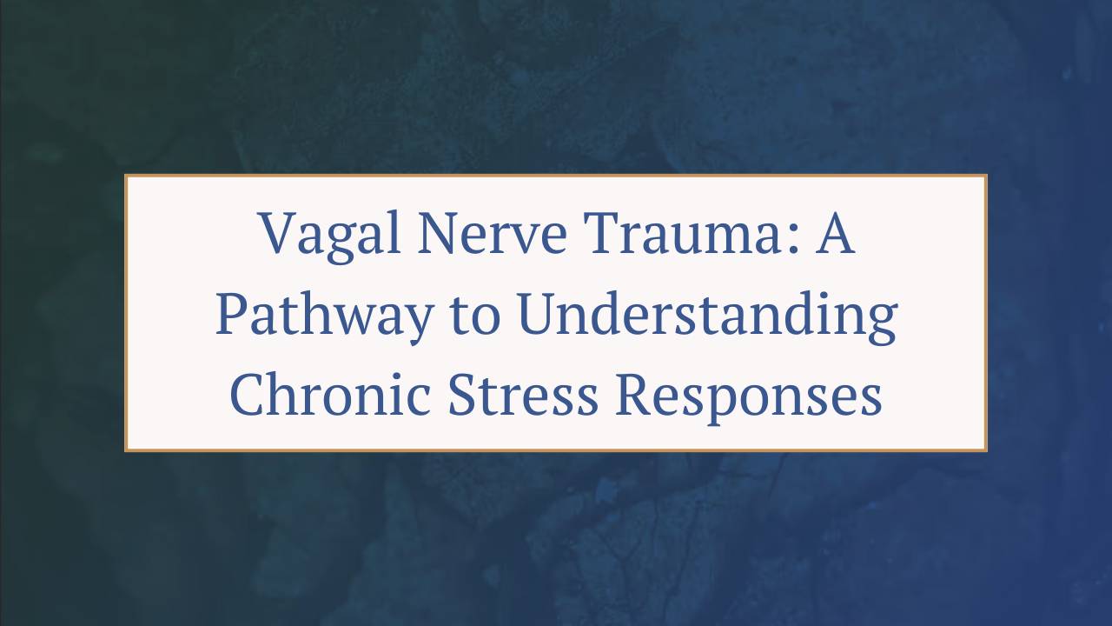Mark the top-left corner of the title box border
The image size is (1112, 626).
pos(126,176)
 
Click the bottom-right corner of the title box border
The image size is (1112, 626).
pos(986,450)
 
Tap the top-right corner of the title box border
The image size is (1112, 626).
pos(986,176)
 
